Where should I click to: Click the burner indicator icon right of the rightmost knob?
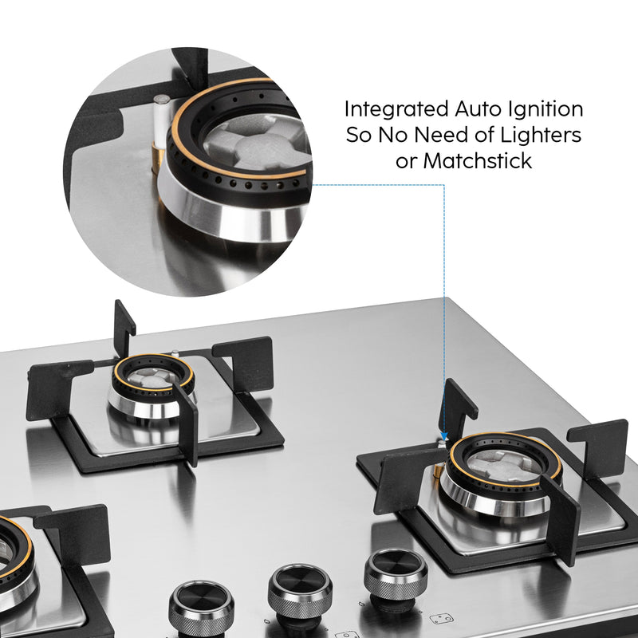pyautogui.click(x=442, y=617)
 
